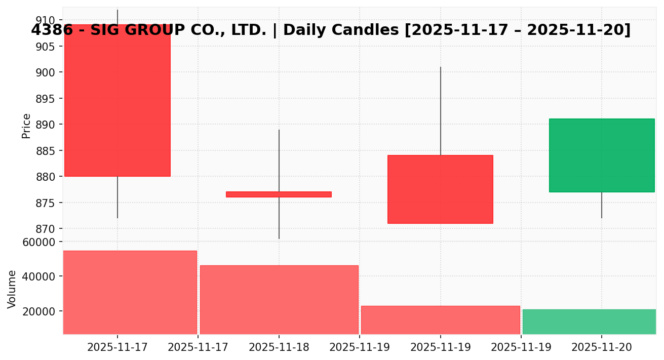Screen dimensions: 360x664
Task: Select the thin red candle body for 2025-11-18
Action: pos(279,194)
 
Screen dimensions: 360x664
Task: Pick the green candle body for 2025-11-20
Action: pos(602,155)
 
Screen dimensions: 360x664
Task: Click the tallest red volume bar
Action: pos(130,292)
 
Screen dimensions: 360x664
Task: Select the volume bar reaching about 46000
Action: pos(279,299)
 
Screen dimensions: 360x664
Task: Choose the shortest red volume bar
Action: pos(440,319)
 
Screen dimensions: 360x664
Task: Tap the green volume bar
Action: pos(589,322)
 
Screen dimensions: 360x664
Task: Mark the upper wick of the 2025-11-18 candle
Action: pos(279,160)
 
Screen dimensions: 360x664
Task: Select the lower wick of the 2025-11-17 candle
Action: pos(118,197)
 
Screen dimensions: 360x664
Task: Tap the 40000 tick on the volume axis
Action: pos(39,276)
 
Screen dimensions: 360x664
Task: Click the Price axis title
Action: pos(26,126)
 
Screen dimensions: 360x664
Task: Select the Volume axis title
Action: pos(12,289)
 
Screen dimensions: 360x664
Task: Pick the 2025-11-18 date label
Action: pos(279,347)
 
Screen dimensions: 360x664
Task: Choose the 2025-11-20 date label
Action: pos(602,347)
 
